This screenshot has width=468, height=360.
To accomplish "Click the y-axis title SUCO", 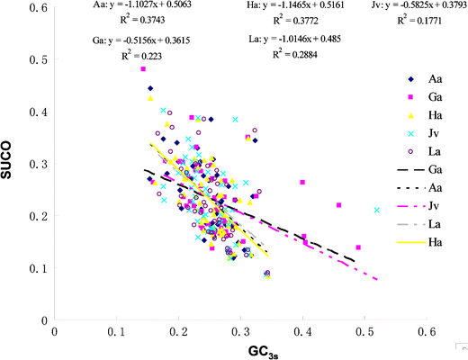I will (14, 164).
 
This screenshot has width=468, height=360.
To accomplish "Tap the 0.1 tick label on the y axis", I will (39, 268).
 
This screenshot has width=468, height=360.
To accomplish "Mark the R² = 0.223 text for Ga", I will (132, 54).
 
